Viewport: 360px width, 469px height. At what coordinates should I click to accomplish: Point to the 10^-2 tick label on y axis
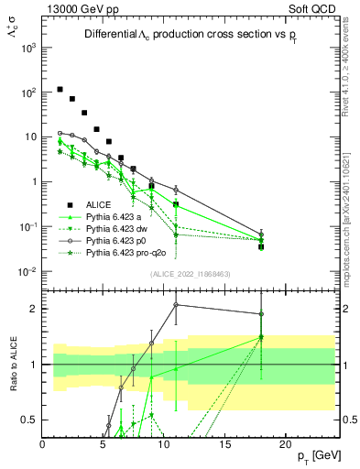coord(27,271)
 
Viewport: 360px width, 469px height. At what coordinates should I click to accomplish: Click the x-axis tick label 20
coord(286,445)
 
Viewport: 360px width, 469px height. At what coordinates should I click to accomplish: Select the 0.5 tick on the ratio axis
coord(29,420)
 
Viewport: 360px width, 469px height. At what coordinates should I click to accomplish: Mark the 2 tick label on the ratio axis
coord(33,309)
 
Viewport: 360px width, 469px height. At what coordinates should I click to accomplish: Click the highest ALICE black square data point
coord(60,90)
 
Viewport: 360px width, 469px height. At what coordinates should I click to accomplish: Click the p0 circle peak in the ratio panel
coord(176,305)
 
